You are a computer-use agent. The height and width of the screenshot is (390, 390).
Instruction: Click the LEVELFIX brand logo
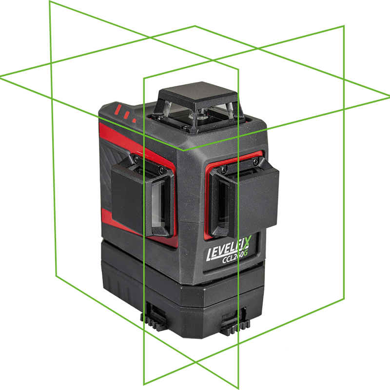click(229, 249)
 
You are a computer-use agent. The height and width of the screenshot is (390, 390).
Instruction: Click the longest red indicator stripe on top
click(118, 109)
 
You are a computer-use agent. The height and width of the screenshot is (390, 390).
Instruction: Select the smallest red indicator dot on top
click(135, 120)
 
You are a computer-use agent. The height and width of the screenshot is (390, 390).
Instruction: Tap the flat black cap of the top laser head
click(198, 94)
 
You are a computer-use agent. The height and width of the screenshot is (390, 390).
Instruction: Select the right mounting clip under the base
click(235, 321)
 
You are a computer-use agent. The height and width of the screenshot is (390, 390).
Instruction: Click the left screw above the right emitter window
click(224, 169)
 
